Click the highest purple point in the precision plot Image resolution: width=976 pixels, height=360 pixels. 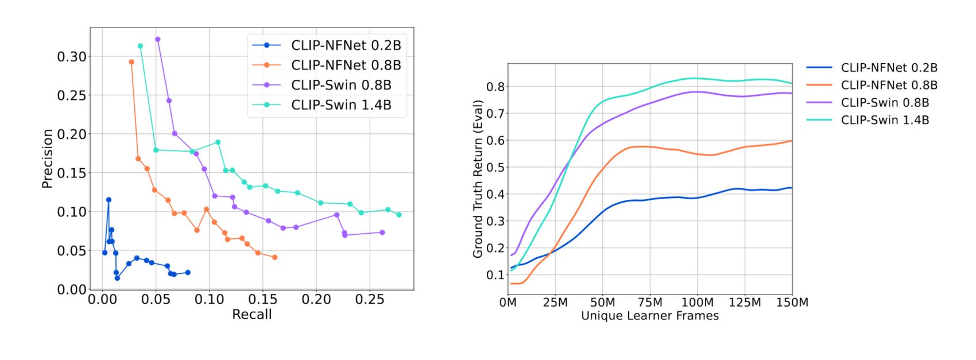point(158,40)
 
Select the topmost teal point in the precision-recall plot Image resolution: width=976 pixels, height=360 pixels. point(140,46)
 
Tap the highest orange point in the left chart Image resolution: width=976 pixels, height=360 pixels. point(131,62)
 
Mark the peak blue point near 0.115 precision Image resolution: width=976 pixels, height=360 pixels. point(109,200)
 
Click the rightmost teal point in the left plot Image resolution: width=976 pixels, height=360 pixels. point(399,215)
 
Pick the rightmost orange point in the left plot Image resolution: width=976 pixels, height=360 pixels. point(274,257)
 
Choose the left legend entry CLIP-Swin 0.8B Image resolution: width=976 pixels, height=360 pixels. point(341,85)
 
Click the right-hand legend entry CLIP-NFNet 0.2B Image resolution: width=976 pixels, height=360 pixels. point(889,68)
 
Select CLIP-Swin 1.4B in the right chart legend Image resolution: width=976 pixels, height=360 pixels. point(885,120)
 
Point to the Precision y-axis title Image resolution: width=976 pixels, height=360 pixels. point(47,158)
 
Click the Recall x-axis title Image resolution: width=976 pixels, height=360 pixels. point(251,315)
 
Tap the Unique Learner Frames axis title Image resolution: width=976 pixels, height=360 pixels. point(649,316)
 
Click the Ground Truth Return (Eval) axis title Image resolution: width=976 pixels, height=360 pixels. point(478,179)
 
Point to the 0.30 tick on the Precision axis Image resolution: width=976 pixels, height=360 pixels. point(72,56)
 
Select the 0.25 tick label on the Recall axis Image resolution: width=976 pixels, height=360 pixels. point(369,300)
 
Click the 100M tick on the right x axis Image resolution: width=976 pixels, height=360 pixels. point(697,303)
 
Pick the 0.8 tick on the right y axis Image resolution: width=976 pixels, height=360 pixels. point(495,87)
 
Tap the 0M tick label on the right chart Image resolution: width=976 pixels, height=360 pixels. point(508,303)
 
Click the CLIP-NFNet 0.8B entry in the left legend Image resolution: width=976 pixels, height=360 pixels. point(346,65)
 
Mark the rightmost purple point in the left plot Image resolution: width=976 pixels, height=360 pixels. point(382,233)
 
